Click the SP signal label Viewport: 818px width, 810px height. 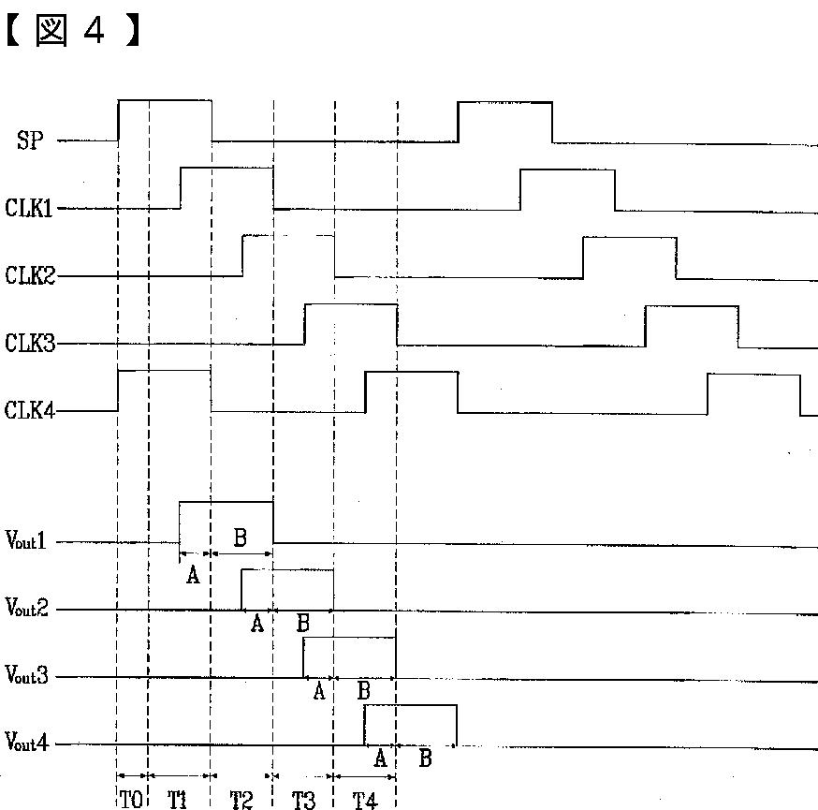tap(30, 141)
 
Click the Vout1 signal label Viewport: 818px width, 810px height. tap(26, 541)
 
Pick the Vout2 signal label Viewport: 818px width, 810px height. tap(26, 609)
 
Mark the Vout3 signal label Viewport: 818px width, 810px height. tap(26, 676)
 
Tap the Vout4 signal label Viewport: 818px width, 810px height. tap(26, 744)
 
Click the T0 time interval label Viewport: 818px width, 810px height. tap(132, 799)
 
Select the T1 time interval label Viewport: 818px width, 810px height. tap(179, 799)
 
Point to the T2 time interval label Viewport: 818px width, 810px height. tap(241, 799)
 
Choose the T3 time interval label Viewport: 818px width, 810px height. tap(303, 799)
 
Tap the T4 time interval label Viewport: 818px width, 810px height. tap(365, 799)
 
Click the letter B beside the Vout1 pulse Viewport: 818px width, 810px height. tap(240, 538)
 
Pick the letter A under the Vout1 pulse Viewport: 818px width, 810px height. tap(193, 575)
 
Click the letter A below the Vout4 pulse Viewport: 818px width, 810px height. tap(380, 758)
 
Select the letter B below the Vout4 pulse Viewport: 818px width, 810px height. tap(425, 758)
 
